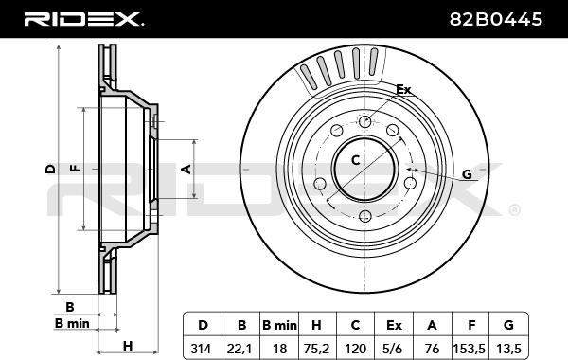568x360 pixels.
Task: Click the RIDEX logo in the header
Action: tap(83, 19)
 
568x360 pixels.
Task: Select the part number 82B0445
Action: tap(496, 19)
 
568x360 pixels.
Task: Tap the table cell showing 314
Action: tap(201, 349)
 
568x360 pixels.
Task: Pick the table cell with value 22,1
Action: tap(240, 349)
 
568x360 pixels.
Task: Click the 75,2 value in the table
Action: tap(316, 349)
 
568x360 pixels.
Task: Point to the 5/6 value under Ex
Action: tap(393, 349)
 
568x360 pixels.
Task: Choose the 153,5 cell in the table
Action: tap(470, 349)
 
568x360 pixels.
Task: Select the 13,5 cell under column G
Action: tap(508, 349)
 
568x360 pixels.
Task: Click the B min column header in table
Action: tap(279, 325)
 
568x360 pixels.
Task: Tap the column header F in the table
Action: tap(471, 325)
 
